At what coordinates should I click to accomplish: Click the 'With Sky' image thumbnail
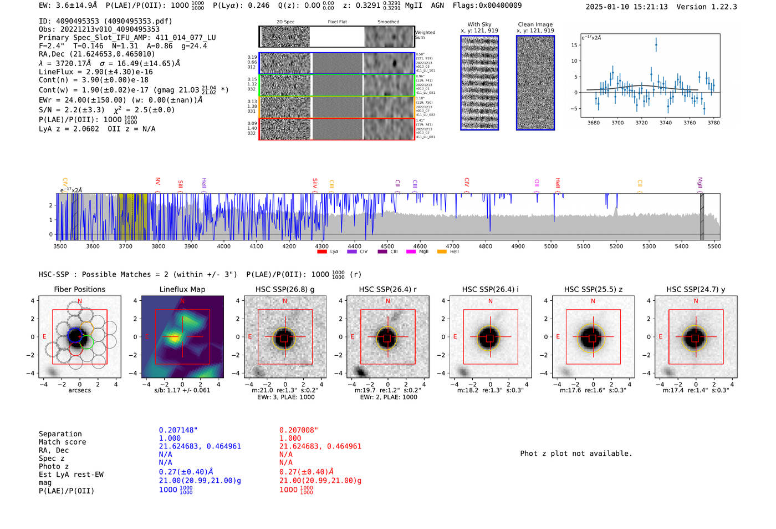point(479,83)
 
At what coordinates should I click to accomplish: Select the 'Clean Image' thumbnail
point(535,83)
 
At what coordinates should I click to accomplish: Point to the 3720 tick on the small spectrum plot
point(641,123)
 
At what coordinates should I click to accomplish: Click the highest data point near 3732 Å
point(656,46)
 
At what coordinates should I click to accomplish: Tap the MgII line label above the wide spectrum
point(700,183)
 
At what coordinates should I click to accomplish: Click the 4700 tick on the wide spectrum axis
point(453,246)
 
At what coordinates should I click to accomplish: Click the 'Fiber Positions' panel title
point(79,289)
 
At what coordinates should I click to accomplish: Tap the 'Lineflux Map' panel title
point(182,289)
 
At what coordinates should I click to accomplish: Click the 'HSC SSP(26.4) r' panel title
point(387,289)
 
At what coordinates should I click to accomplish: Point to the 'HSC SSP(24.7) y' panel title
point(696,289)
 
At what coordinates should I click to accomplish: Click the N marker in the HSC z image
point(593,301)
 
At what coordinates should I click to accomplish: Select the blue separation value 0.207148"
point(178,430)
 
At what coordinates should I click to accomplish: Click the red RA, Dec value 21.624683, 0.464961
point(320,446)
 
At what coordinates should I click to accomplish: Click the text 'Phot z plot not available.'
point(576,454)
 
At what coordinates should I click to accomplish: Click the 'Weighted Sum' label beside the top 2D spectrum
point(425,35)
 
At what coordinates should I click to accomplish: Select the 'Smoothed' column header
point(388,22)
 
